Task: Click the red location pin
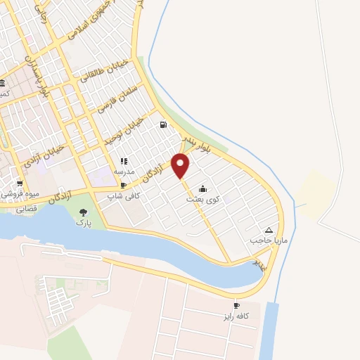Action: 181,165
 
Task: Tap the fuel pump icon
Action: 163,125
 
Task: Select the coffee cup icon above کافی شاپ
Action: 124,186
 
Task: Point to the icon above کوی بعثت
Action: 203,188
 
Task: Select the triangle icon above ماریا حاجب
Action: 268,230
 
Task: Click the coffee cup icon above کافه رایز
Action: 236,306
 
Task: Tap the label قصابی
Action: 27,209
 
